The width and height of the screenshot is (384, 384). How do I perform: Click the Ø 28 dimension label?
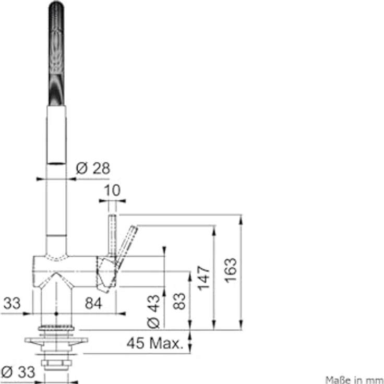(x=93, y=168)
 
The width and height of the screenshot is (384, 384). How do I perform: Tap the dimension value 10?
(x=112, y=190)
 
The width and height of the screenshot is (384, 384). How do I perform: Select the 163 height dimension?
(x=231, y=270)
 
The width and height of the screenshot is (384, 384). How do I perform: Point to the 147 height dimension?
(x=204, y=278)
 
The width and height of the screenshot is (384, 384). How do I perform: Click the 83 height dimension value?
(x=179, y=301)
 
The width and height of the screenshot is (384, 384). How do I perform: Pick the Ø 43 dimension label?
(x=153, y=311)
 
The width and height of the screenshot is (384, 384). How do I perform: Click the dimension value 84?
(x=93, y=303)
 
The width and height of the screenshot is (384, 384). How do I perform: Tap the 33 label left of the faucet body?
(x=12, y=303)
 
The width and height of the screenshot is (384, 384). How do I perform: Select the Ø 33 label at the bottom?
(x=18, y=372)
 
